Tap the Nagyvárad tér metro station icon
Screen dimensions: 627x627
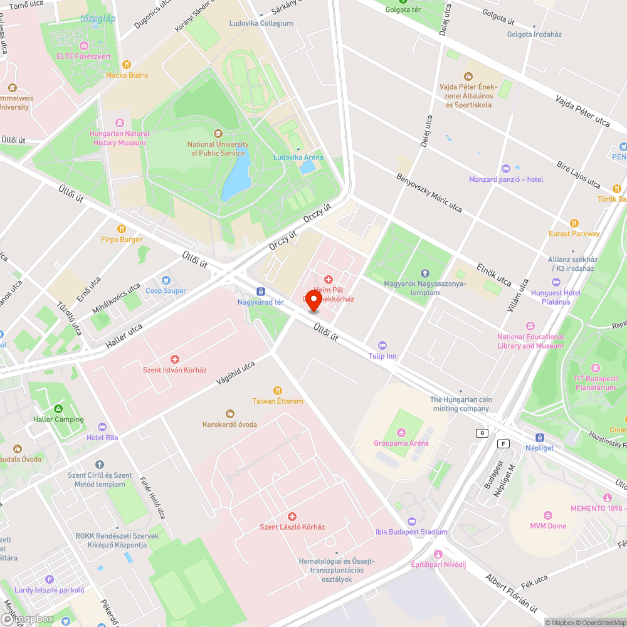coord(261,292)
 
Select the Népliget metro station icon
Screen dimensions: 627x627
coord(539,438)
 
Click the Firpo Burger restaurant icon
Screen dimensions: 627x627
coord(122,229)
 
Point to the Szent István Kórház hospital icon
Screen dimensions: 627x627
coord(175,359)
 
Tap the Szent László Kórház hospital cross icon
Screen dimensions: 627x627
coord(292,516)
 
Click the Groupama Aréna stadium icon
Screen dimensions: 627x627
coord(401,432)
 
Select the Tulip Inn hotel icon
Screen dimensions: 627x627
coord(382,345)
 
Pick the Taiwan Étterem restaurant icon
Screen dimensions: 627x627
coord(278,391)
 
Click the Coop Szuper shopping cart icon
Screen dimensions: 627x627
coord(166,280)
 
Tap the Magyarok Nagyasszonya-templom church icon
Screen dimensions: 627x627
coord(425,273)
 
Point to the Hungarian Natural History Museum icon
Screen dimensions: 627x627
coord(120,122)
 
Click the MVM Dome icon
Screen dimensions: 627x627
coord(548,515)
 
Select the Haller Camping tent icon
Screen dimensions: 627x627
coord(58,408)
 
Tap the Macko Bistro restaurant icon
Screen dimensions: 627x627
coord(127,64)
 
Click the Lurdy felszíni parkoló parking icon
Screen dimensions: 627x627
coord(50,579)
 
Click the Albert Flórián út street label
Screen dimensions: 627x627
coord(512,593)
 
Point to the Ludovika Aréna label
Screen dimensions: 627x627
coord(298,157)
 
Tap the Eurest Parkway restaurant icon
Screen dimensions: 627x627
coord(574,223)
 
